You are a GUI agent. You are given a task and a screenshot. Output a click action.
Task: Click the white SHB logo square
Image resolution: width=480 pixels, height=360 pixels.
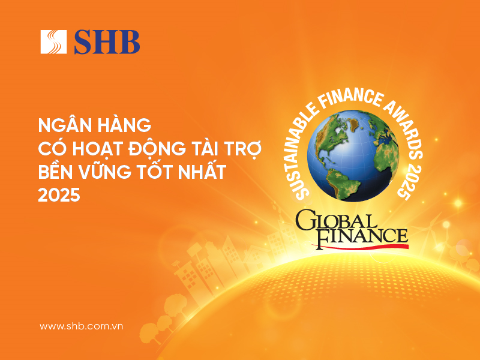point(53,42)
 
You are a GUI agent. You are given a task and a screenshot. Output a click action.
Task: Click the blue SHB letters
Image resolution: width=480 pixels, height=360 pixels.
point(107,42)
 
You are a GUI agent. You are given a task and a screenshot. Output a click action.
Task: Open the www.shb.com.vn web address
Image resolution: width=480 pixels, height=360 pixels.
point(81,326)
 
